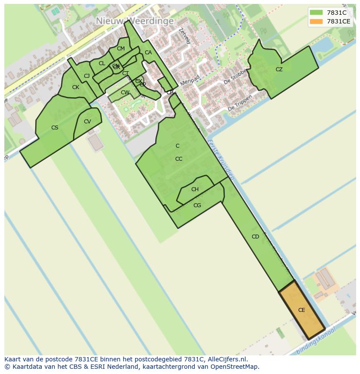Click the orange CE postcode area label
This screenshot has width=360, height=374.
(301, 310)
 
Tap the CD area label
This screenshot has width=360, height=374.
(255, 237)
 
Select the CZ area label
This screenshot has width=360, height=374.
(279, 70)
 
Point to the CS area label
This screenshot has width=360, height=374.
(55, 128)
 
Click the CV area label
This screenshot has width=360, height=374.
(87, 122)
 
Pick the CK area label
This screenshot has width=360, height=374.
(76, 87)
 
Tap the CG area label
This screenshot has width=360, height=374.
(197, 205)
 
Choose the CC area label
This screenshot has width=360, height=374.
(179, 159)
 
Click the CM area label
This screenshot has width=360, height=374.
(121, 49)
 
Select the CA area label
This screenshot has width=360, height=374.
(148, 53)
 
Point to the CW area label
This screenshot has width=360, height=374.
(125, 93)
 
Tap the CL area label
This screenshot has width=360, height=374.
(102, 63)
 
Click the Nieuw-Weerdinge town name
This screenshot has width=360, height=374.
(135, 21)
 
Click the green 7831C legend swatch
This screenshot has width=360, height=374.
(316, 13)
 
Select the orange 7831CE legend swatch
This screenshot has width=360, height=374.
(316, 21)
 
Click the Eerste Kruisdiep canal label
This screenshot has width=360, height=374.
(221, 159)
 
